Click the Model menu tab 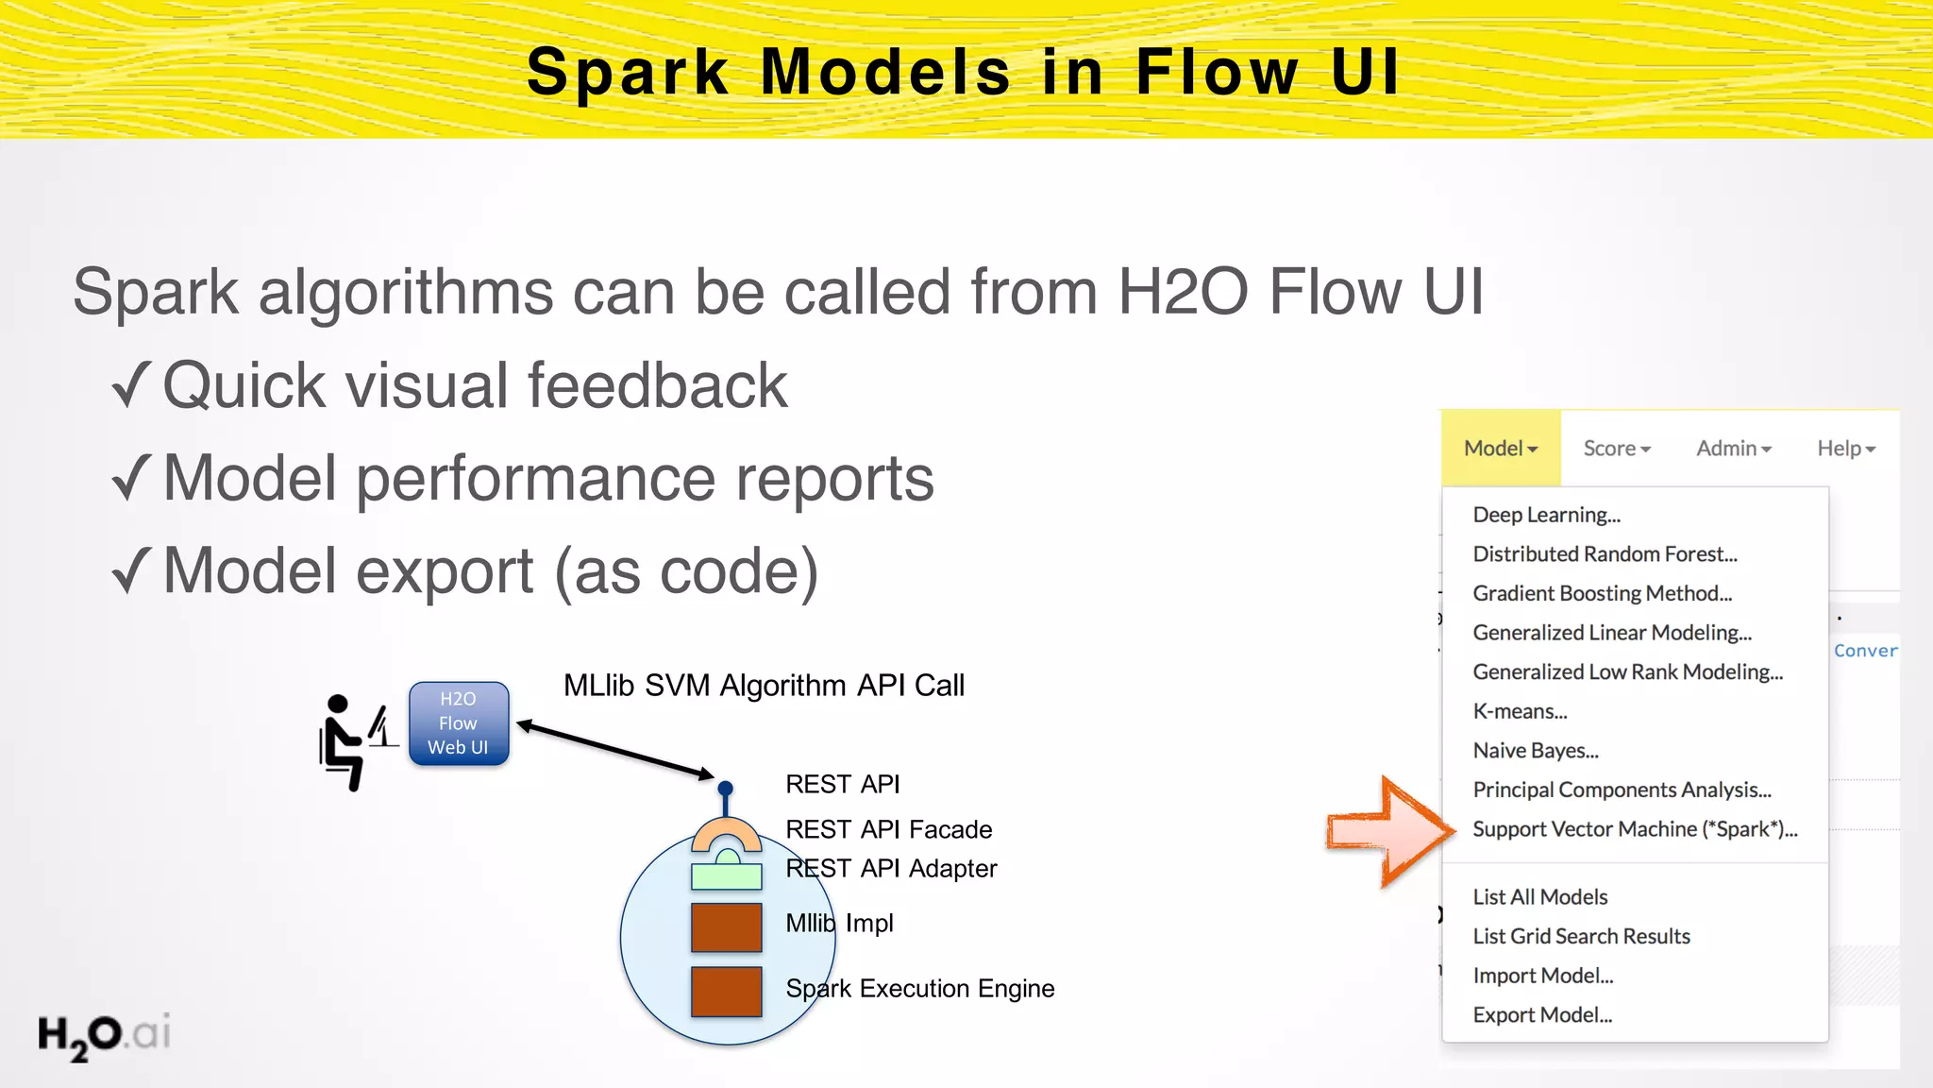pyautogui.click(x=1500, y=449)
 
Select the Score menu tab pyautogui.click(x=1616, y=449)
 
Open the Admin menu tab pyautogui.click(x=1733, y=449)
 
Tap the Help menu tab pyautogui.click(x=1845, y=449)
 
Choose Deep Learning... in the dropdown pyautogui.click(x=1546, y=515)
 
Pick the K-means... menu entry pyautogui.click(x=1520, y=711)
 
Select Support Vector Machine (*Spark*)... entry pyautogui.click(x=1635, y=829)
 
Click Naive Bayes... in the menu pyautogui.click(x=1536, y=751)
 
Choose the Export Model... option pyautogui.click(x=1542, y=1015)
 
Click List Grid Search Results pyautogui.click(x=1581, y=936)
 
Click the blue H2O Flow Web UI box pyautogui.click(x=459, y=723)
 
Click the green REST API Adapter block pyautogui.click(x=726, y=875)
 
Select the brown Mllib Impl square pyautogui.click(x=726, y=926)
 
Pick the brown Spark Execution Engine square pyautogui.click(x=726, y=991)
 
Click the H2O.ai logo pyautogui.click(x=104, y=1035)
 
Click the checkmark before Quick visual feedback pyautogui.click(x=131, y=385)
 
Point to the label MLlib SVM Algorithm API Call pyautogui.click(x=764, y=685)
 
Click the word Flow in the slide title pyautogui.click(x=1216, y=72)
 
